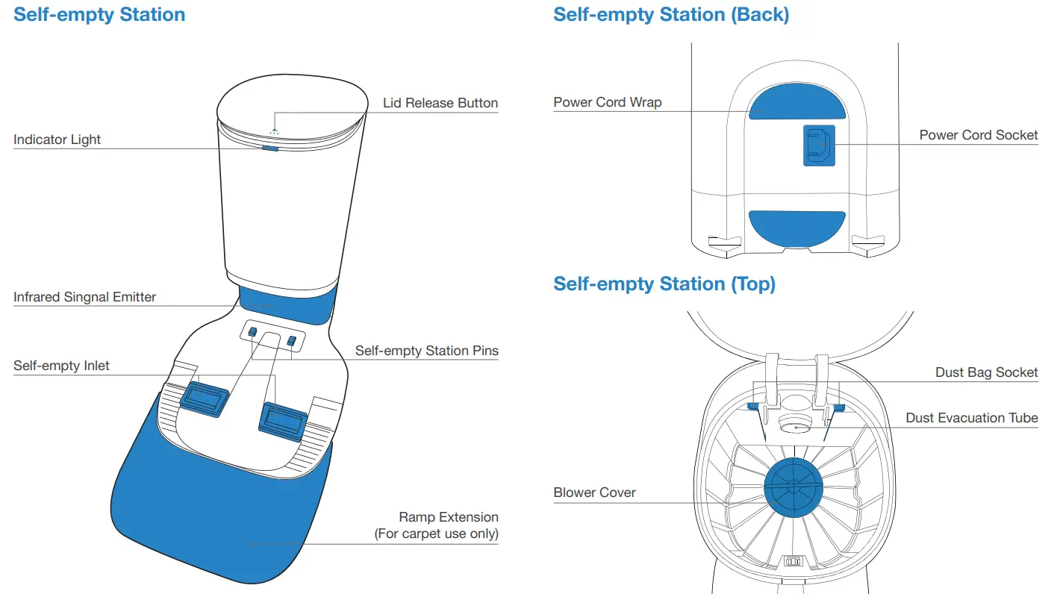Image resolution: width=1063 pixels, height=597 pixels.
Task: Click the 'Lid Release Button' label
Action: tap(440, 103)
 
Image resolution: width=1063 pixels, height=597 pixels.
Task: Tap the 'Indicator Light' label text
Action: tap(57, 140)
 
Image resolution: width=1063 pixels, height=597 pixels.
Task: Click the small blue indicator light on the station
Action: tap(270, 149)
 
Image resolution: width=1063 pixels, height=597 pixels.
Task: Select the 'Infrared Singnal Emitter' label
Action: tap(84, 297)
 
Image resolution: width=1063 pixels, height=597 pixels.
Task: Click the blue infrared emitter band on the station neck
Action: tap(284, 307)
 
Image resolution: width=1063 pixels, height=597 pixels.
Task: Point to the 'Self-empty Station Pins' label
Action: tap(426, 351)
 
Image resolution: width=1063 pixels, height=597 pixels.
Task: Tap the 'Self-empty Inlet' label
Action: tap(61, 366)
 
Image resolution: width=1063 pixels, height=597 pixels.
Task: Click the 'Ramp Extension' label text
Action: tap(448, 517)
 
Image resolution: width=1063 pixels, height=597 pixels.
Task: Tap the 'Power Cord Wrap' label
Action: tap(607, 102)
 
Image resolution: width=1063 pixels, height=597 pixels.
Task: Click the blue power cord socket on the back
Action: tap(819, 146)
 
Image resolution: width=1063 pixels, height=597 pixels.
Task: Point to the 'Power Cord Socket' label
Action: tap(978, 135)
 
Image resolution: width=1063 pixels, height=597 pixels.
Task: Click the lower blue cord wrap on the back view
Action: tap(797, 228)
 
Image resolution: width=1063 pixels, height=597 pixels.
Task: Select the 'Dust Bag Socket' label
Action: tap(986, 372)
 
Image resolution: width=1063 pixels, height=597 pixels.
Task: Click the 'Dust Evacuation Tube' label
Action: tap(971, 418)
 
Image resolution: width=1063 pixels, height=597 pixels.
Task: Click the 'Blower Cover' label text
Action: tap(594, 493)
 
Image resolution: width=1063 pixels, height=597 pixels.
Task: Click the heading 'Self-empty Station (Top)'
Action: tap(664, 284)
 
